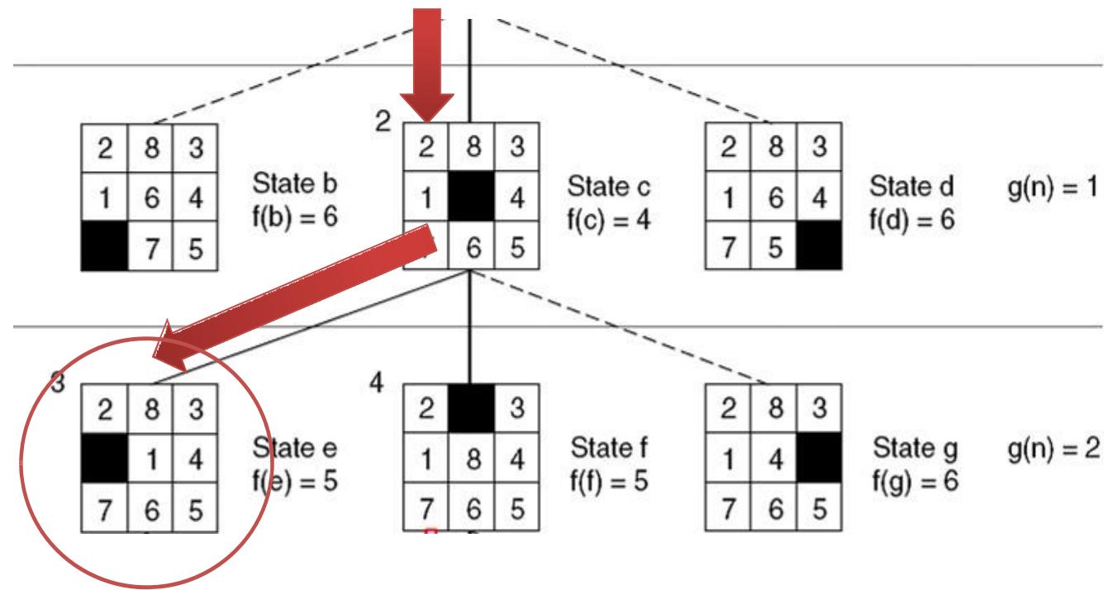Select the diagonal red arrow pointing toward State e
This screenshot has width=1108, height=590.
297,293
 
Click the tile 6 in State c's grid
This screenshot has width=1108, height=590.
471,245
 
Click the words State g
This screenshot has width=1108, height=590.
915,449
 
